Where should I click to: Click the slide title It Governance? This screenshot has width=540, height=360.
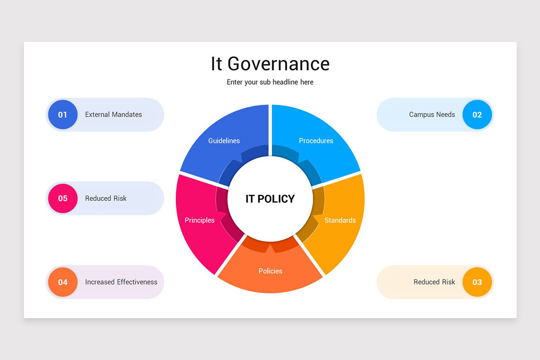click(x=270, y=64)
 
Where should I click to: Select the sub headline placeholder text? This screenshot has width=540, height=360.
click(x=270, y=82)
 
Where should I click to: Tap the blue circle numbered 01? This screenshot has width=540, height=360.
click(x=63, y=115)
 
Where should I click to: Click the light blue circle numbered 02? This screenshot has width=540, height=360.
click(x=477, y=115)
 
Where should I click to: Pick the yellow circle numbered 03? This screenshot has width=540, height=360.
click(x=477, y=282)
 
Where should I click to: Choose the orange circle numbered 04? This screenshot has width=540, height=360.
click(x=63, y=282)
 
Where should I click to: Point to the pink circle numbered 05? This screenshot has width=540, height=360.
click(x=63, y=198)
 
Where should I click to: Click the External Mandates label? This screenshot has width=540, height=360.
click(x=113, y=115)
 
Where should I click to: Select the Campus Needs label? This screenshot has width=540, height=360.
click(x=432, y=115)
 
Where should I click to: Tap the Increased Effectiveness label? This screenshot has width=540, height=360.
click(x=121, y=282)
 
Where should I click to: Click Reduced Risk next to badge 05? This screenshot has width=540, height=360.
click(x=106, y=198)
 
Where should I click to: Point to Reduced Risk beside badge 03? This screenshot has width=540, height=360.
click(x=434, y=282)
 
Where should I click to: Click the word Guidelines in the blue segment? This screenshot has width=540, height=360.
click(x=224, y=141)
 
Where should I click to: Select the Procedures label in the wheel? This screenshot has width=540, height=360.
click(x=316, y=141)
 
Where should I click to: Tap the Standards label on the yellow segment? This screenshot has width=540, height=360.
click(x=340, y=220)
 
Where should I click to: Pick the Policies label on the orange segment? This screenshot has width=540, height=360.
click(x=270, y=271)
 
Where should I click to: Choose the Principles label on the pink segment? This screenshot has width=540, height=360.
click(x=199, y=220)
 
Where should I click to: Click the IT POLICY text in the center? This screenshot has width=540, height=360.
click(x=270, y=199)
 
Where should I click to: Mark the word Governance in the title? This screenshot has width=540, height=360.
click(x=279, y=64)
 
